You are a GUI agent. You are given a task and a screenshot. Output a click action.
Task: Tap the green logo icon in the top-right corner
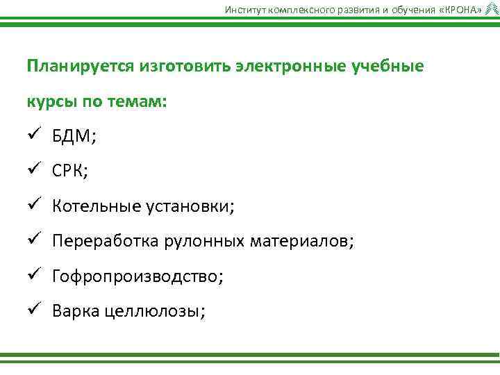tap(491, 8)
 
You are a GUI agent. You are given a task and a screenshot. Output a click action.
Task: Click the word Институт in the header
tap(242, 9)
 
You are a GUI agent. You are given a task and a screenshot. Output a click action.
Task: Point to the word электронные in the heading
tap(286, 67)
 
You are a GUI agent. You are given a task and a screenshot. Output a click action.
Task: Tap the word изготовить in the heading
tap(182, 67)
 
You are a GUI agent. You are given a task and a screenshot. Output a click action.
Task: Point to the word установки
tap(189, 207)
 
